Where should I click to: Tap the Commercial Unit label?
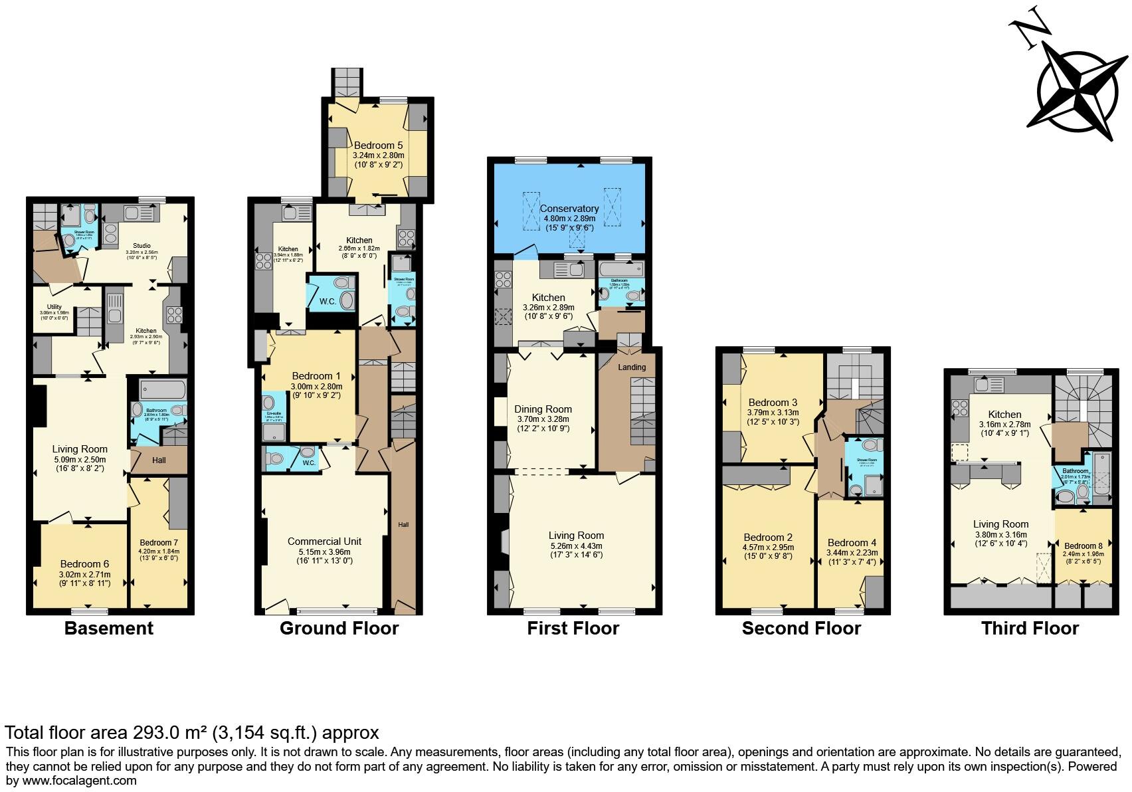324,542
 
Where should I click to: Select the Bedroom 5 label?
378,145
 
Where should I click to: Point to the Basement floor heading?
109,629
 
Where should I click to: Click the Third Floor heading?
1030,629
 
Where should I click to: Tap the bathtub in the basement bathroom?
163,389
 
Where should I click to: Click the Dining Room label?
543,409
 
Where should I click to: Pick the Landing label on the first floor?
632,367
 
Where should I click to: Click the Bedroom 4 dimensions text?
852,553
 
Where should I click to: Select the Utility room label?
54,307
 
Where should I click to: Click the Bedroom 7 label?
158,542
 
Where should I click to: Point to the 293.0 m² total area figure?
169,733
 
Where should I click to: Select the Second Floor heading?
801,629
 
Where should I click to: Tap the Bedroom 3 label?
773,403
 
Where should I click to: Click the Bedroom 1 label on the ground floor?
316,376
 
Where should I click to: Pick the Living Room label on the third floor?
1000,524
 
